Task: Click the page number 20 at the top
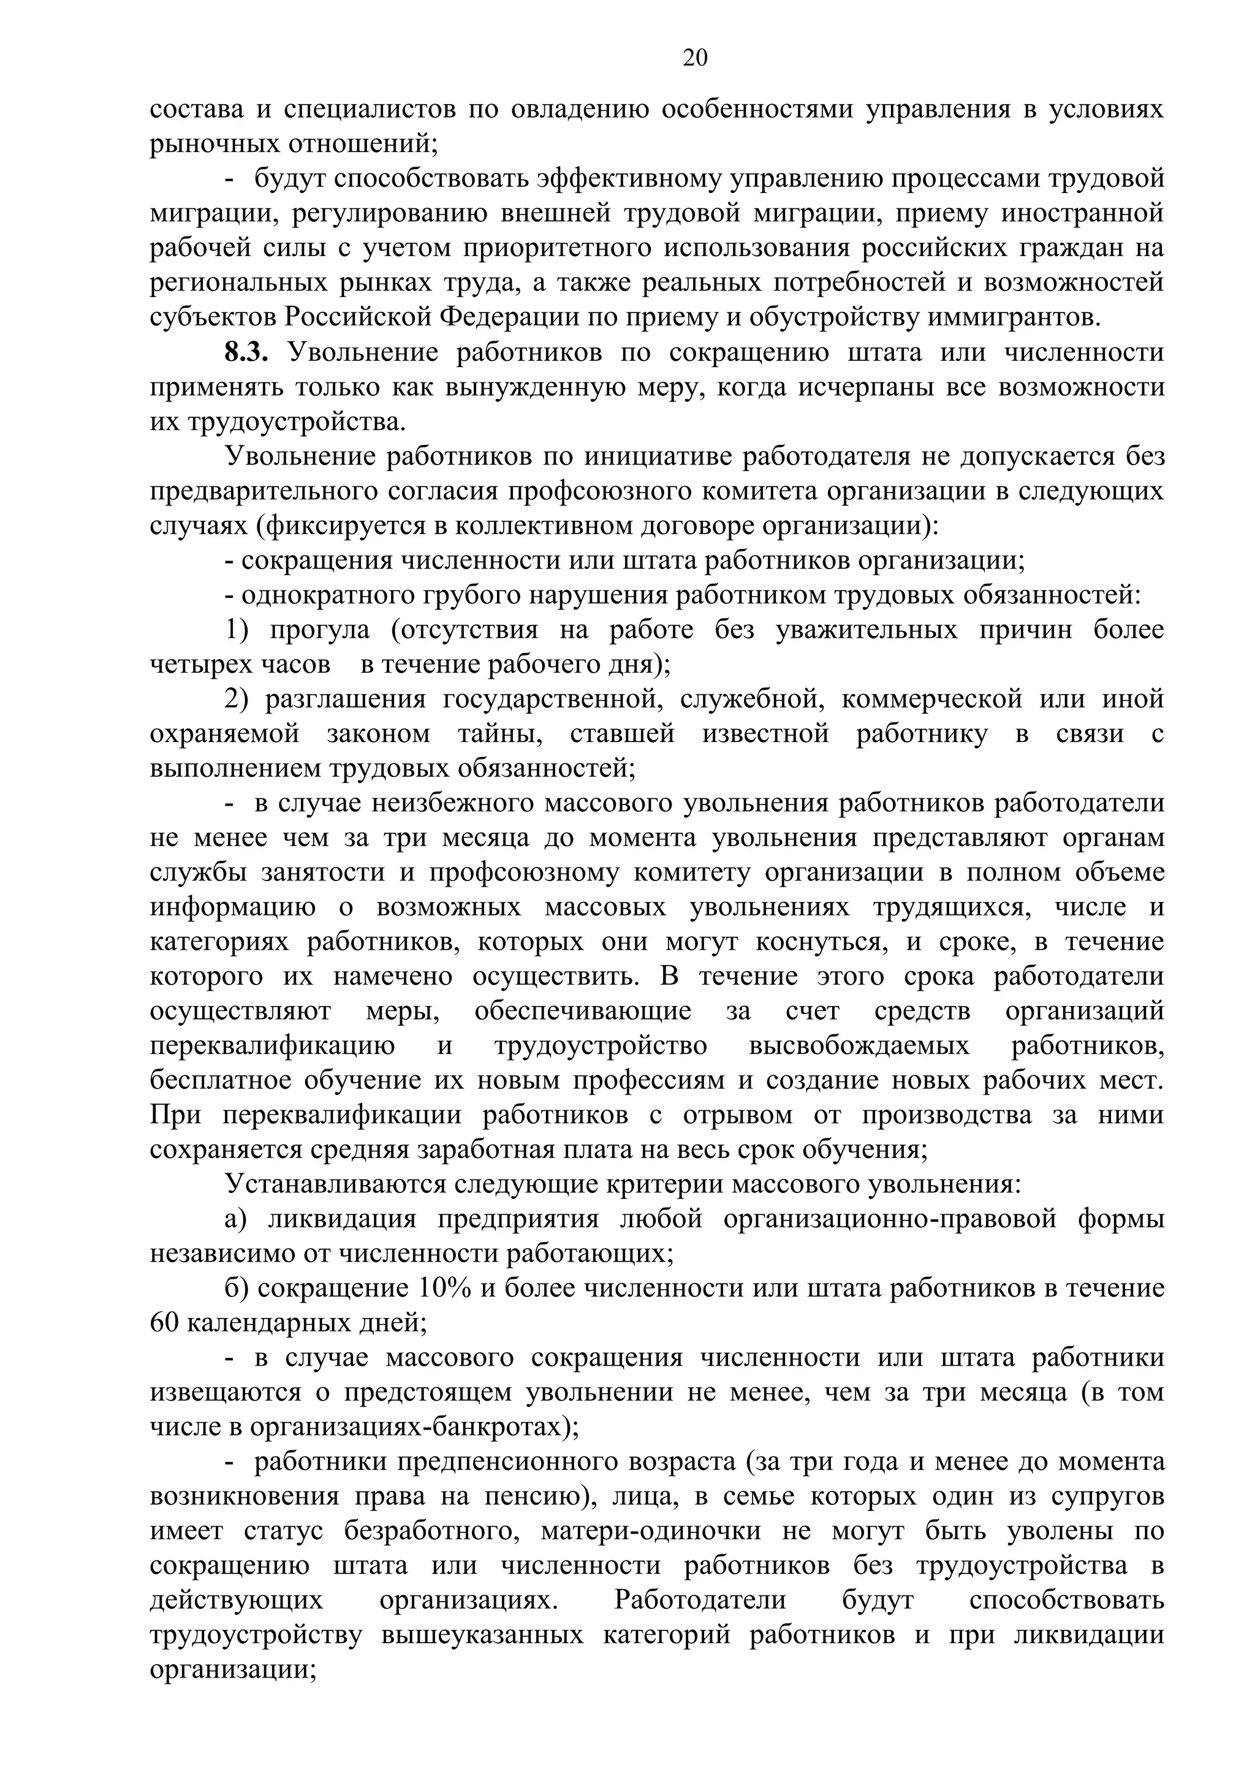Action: [x=694, y=58]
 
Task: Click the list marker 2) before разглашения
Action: [x=237, y=700]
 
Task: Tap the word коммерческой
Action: [x=931, y=700]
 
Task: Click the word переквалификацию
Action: [x=271, y=1046]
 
